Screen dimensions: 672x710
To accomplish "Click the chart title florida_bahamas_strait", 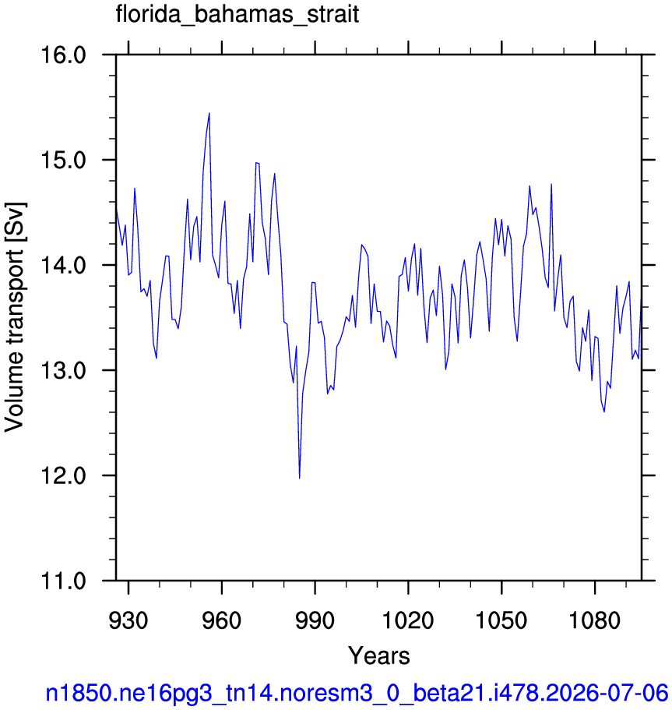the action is click(x=237, y=15).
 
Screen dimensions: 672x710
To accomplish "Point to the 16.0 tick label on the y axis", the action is click(x=63, y=55).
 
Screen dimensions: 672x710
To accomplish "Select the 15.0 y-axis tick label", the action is click(x=63, y=161).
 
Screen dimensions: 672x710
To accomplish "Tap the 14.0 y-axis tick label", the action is click(x=63, y=265).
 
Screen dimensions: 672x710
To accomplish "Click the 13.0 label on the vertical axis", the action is click(x=63, y=370).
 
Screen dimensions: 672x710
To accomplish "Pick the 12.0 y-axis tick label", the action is click(x=63, y=476).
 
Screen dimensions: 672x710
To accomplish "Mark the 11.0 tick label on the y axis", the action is click(x=63, y=581).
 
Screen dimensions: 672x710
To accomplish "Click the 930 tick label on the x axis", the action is click(x=128, y=620).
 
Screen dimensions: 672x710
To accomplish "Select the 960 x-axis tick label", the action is click(x=222, y=620).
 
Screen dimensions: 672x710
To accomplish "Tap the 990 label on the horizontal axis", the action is click(x=315, y=620).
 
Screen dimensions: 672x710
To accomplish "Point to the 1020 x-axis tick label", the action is click(x=408, y=620).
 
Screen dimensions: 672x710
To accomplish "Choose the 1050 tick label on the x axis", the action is click(x=501, y=620).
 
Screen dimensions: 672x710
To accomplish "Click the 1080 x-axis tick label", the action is click(x=595, y=620).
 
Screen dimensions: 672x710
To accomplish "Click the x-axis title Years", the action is click(x=379, y=655).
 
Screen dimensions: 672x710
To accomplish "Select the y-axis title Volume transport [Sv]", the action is click(x=15, y=317).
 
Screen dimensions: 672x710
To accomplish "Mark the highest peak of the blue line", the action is click(x=209, y=113).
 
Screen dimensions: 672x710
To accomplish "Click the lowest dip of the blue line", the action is click(x=300, y=478).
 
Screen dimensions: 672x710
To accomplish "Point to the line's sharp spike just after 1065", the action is click(x=551, y=184).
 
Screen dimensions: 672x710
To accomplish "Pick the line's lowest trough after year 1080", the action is click(x=604, y=412).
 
